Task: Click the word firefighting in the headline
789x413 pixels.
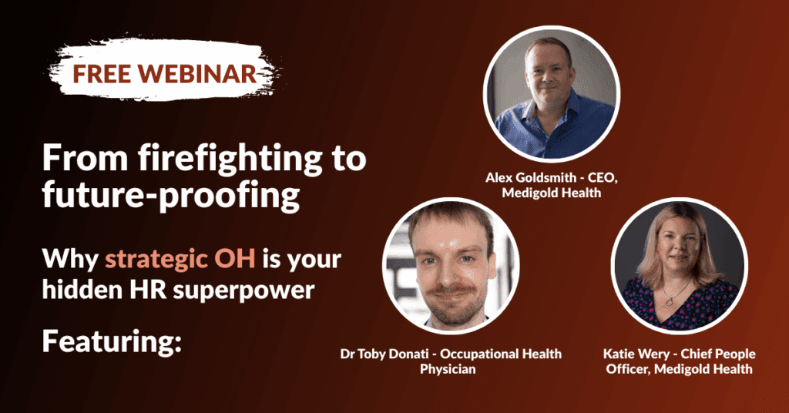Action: (x=230, y=159)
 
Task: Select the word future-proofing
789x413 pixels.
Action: (x=171, y=196)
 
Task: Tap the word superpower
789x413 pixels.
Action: (x=244, y=292)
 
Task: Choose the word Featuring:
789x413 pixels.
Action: (x=112, y=342)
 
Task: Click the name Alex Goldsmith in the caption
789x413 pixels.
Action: (x=531, y=177)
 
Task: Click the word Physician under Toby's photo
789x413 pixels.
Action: (x=448, y=370)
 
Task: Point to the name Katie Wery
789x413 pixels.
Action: (x=638, y=354)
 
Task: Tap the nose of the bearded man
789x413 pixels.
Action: (x=449, y=272)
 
